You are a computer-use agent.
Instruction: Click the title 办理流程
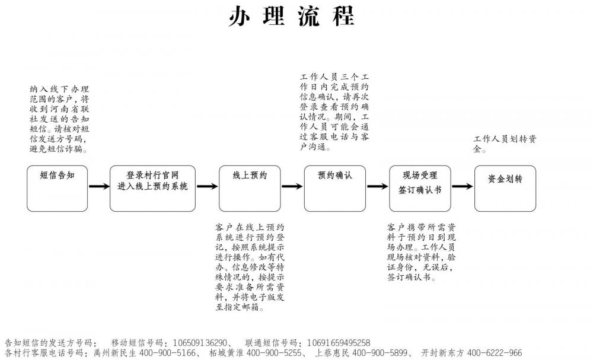(292, 16)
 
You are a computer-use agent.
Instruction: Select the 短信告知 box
(57, 189)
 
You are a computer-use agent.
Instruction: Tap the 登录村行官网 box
(153, 189)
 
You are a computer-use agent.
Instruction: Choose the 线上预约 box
(250, 189)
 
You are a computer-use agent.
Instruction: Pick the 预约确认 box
(334, 189)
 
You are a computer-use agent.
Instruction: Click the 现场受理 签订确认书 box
(420, 189)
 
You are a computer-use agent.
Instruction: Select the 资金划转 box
(505, 189)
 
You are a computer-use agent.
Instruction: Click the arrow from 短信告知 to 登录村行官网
(99, 186)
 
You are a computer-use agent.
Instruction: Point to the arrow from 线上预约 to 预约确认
(292, 186)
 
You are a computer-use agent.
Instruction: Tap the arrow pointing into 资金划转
(462, 186)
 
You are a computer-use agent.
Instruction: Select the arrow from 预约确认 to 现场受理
(377, 186)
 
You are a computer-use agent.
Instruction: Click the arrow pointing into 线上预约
(207, 186)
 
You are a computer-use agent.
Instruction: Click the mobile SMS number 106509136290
(200, 343)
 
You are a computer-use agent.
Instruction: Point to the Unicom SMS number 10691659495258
(339, 343)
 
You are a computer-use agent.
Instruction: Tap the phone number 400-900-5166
(168, 353)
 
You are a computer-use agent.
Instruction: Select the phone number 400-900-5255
(274, 353)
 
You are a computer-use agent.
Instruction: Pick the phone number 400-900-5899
(380, 353)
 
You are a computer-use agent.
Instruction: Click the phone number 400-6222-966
(495, 353)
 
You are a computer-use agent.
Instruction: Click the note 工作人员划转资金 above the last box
(505, 144)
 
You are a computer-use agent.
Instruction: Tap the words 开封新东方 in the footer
(442, 353)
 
